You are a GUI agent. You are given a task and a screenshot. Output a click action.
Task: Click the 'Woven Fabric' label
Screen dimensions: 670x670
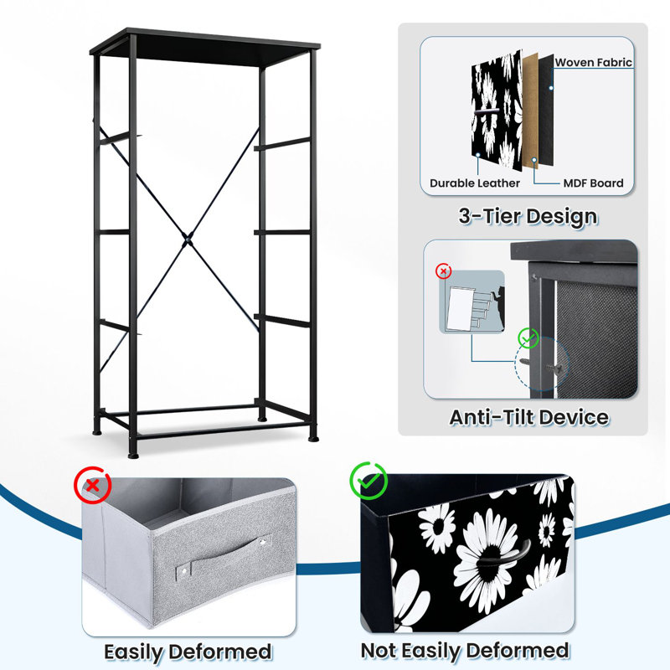[593, 62]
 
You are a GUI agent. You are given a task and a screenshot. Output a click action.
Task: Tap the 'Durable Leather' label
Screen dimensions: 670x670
[475, 183]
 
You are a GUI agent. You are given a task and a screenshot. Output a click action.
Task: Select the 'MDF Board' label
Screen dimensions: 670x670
[593, 183]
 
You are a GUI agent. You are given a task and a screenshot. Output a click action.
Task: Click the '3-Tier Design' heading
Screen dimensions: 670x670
[528, 216]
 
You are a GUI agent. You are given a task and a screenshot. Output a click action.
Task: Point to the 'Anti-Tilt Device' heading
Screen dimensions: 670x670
[529, 417]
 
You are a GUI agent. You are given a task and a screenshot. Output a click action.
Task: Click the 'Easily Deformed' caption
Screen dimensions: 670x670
[188, 652]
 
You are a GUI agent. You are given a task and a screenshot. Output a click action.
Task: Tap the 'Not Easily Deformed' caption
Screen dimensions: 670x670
[465, 652]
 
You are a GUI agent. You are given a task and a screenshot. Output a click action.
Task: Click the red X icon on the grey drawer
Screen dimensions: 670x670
[93, 485]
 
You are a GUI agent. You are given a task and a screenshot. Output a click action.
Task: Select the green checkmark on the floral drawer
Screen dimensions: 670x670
[368, 481]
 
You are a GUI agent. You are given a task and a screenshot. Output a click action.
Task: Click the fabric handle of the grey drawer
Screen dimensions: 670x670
[224, 556]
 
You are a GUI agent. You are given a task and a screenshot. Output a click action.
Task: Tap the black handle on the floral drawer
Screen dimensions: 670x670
[504, 554]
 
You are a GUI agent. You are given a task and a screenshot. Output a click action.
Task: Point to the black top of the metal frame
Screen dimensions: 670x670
[204, 47]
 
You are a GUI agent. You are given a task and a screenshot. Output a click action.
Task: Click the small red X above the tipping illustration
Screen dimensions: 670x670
[444, 271]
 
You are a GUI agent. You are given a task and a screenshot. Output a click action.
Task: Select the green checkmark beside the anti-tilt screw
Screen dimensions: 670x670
[528, 338]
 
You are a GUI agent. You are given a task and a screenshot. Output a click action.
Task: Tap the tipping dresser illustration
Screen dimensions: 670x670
[472, 301]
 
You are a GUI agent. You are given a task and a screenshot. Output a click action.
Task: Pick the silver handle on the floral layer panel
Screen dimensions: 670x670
[487, 111]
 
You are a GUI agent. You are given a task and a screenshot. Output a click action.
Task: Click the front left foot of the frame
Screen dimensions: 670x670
[133, 455]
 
